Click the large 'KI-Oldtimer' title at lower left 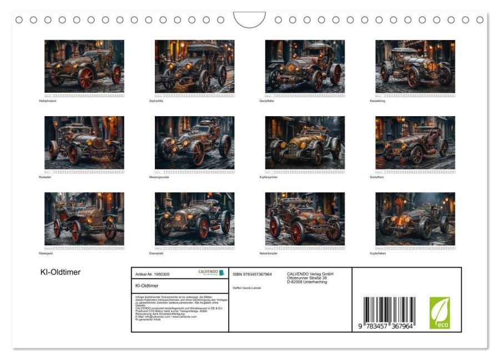click(x=61, y=272)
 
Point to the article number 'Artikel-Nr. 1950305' click(x=153, y=274)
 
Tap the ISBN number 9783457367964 click(x=253, y=274)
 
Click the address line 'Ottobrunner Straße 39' click(x=306, y=278)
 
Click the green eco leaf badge click(x=440, y=312)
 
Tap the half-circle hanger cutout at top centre click(x=250, y=19)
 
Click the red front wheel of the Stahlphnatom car click(x=86, y=79)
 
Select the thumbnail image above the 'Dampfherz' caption click(x=415, y=142)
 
